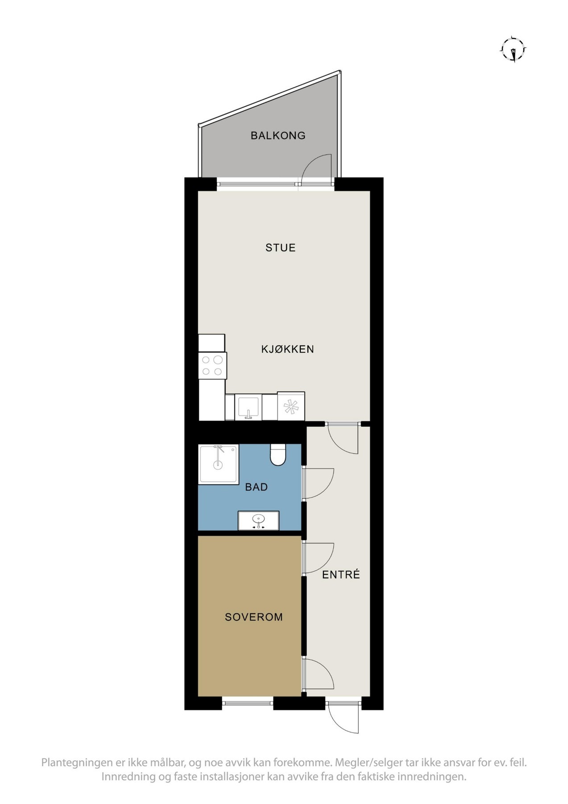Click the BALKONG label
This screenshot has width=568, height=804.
pyautogui.click(x=278, y=135)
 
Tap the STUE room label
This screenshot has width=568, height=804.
pyautogui.click(x=280, y=247)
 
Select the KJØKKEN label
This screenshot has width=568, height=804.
pyautogui.click(x=287, y=349)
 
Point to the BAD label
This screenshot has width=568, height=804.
pyautogui.click(x=256, y=487)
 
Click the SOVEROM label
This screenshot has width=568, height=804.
pyautogui.click(x=253, y=617)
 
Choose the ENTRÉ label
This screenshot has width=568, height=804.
pyautogui.click(x=341, y=574)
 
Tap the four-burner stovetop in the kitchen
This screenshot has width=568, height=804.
pyautogui.click(x=212, y=365)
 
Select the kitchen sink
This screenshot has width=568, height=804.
pyautogui.click(x=248, y=407)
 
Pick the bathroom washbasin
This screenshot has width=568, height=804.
pyautogui.click(x=258, y=520)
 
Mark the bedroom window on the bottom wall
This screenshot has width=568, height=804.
pyautogui.click(x=247, y=703)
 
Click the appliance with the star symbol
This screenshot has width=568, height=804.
pyautogui.click(x=291, y=406)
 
